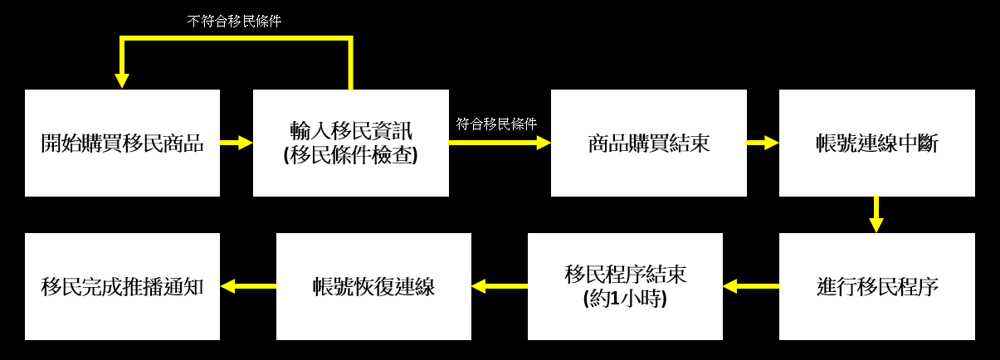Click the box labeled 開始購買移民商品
[x=122, y=143]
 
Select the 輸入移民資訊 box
[x=350, y=143]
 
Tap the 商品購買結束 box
[x=648, y=143]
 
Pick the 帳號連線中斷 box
[x=876, y=143]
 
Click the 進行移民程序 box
[x=876, y=286]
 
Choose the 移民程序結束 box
[x=625, y=286]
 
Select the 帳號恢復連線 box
[x=373, y=286]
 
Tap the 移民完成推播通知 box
[x=122, y=286]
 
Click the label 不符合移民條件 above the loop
[x=234, y=22]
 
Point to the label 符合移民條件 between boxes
[x=496, y=124]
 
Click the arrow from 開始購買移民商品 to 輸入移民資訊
[x=237, y=143]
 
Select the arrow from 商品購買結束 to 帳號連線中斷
[x=762, y=143]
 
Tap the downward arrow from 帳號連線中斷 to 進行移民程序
[x=876, y=215]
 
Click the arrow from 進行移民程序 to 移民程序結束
[x=750, y=286]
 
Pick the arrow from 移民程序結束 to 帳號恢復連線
[x=499, y=286]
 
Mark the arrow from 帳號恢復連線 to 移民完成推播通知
[x=247, y=286]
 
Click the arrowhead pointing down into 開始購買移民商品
[x=122, y=80]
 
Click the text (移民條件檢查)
[x=350, y=156]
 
